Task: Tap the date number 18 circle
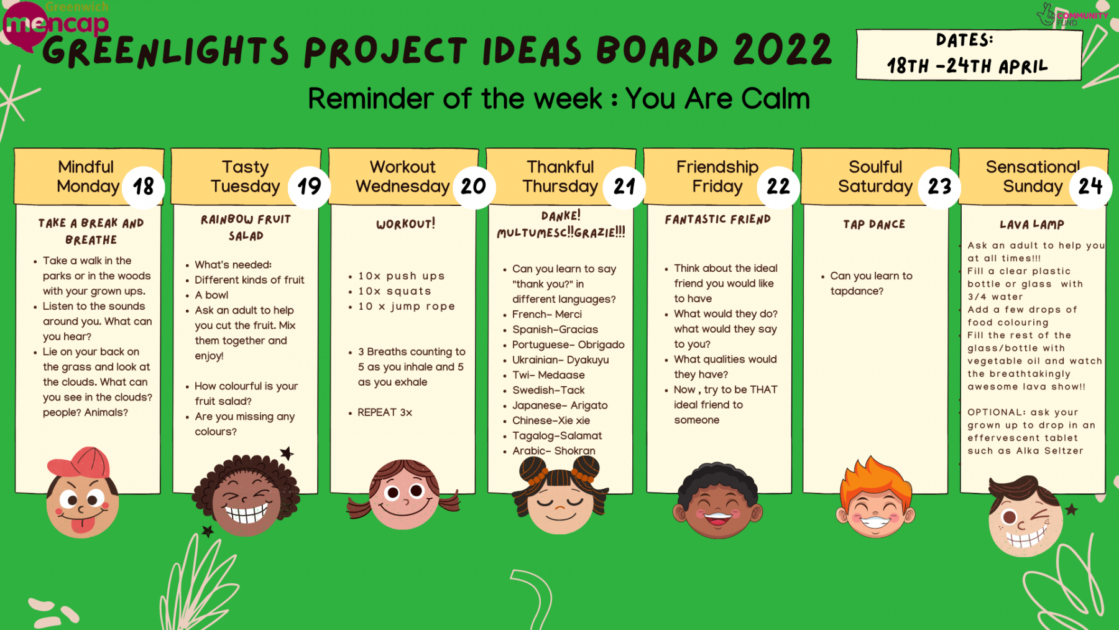[x=144, y=187]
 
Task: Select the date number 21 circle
[x=625, y=187]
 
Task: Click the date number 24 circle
[x=1090, y=187]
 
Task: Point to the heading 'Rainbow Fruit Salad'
[x=246, y=228]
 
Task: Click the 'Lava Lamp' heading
[x=1032, y=225]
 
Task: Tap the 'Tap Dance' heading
[x=874, y=225]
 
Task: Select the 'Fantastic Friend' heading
[x=717, y=220]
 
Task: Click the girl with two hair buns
[x=559, y=495]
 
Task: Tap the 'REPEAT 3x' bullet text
[x=385, y=412]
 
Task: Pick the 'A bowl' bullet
[x=211, y=295]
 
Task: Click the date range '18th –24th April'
[x=967, y=66]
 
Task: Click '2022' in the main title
[x=783, y=50]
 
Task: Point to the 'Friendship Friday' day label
[x=717, y=177]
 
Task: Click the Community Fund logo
[x=1072, y=15]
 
